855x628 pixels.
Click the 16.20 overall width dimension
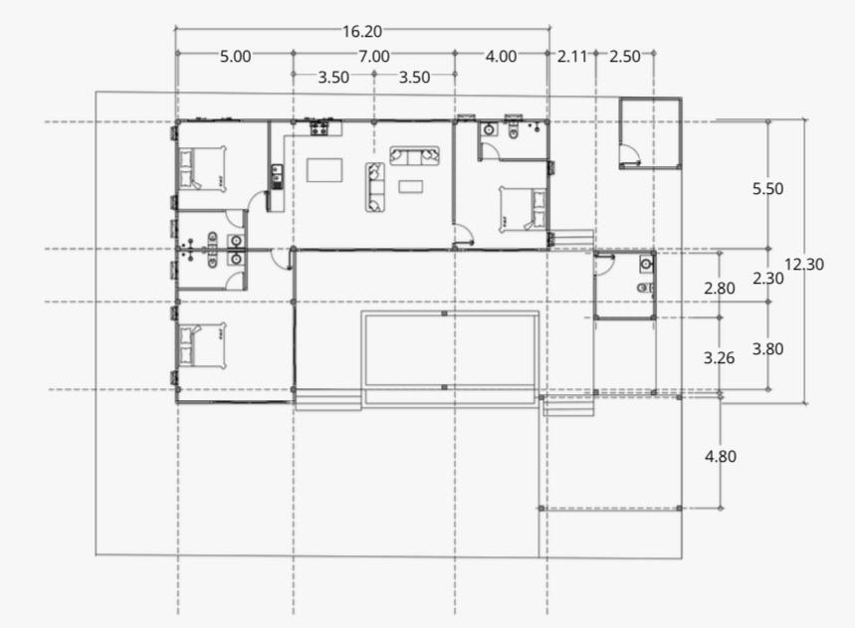(x=362, y=32)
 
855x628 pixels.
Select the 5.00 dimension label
(x=236, y=56)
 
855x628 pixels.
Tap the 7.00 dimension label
(x=374, y=56)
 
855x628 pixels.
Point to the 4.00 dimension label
(x=501, y=56)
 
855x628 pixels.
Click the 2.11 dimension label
(x=572, y=56)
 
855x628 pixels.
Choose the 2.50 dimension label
(x=625, y=56)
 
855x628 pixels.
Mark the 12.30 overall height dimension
(x=804, y=265)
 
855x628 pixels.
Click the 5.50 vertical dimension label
(x=767, y=189)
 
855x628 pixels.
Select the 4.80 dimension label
(x=721, y=456)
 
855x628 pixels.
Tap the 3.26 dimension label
(x=720, y=358)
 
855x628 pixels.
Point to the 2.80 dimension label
(x=720, y=288)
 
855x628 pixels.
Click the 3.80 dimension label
(x=767, y=349)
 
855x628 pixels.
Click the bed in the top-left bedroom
(x=202, y=168)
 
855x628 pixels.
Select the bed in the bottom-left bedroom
(x=202, y=346)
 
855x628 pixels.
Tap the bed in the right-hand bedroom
(x=523, y=209)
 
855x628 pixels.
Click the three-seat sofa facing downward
(x=414, y=156)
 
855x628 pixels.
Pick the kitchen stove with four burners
(x=319, y=128)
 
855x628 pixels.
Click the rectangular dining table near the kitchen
(x=324, y=169)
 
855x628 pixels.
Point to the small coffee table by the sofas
(x=411, y=187)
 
